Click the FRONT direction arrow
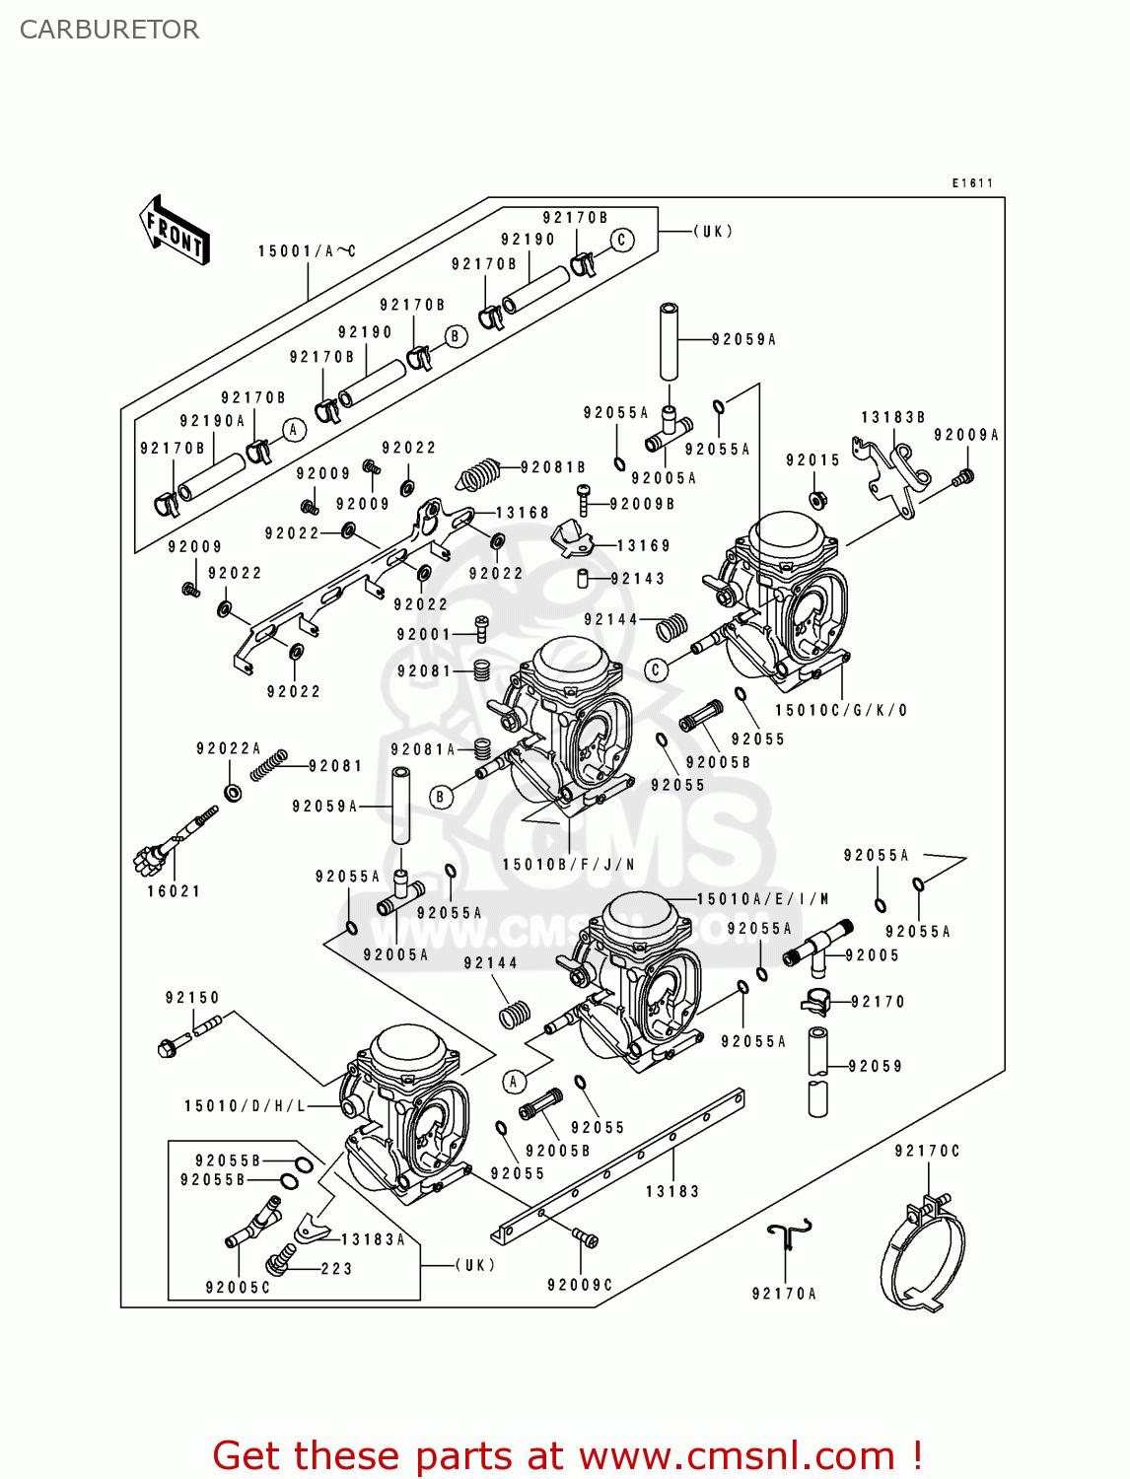click(176, 231)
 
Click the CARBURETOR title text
click(109, 30)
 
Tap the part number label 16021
click(174, 891)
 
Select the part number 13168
click(523, 513)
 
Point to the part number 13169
click(644, 545)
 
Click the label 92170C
click(927, 1151)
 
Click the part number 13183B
click(893, 417)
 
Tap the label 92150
click(192, 998)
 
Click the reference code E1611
click(972, 183)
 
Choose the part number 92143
click(638, 579)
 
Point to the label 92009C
click(581, 1285)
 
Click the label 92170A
click(784, 1294)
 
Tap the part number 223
click(336, 1269)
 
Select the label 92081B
click(553, 467)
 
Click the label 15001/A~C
click(307, 251)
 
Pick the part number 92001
click(424, 635)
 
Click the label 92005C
click(238, 1288)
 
